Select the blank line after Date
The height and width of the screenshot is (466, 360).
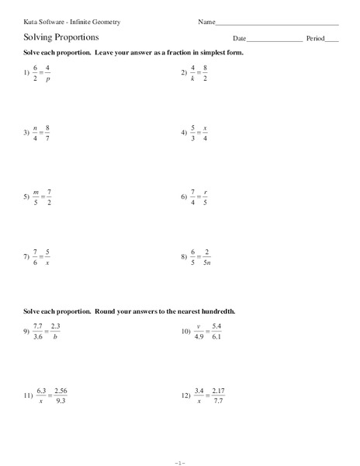(x=274, y=38)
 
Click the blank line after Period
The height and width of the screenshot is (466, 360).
(x=332, y=38)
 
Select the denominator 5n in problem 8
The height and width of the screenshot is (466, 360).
(x=207, y=263)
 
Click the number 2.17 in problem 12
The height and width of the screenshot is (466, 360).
(x=218, y=391)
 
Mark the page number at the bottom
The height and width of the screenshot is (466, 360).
(x=179, y=460)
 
